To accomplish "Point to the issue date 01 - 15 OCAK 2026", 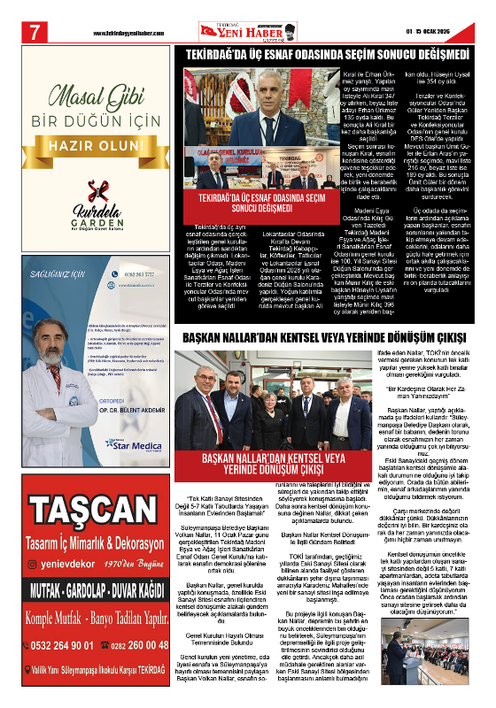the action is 434,34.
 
